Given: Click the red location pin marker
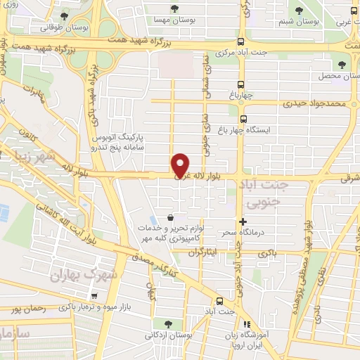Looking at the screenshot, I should pyautogui.click(x=181, y=165).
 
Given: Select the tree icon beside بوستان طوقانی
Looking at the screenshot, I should pyautogui.click(x=65, y=16).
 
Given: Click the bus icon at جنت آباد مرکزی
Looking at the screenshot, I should pyautogui.click(x=242, y=41).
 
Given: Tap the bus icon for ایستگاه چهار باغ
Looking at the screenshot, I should pyautogui.click(x=244, y=120).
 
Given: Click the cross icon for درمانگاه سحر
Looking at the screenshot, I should pyautogui.click(x=243, y=221).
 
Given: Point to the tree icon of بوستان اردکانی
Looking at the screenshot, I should pyautogui.click(x=167, y=323).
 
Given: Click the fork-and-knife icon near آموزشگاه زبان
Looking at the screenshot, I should pyautogui.click(x=245, y=324).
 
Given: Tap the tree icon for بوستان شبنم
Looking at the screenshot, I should pyautogui.click(x=300, y=10).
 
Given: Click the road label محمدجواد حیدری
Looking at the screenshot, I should pyautogui.click(x=316, y=104).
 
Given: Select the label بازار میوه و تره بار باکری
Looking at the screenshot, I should pyautogui.click(x=103, y=306).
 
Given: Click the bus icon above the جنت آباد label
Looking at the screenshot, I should pyautogui.click(x=219, y=298).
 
